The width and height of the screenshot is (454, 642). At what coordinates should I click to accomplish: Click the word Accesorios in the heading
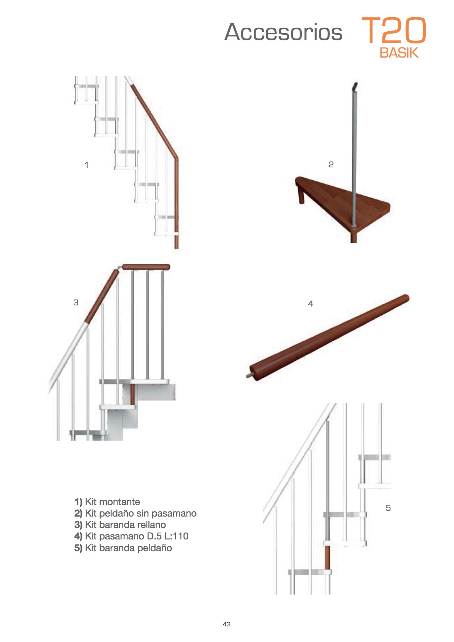click(283, 32)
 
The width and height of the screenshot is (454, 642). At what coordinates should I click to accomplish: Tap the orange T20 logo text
click(393, 30)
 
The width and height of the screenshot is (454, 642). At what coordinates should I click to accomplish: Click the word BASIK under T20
click(399, 53)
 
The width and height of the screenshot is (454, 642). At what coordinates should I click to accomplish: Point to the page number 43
click(227, 624)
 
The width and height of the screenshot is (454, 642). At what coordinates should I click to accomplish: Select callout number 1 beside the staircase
click(86, 165)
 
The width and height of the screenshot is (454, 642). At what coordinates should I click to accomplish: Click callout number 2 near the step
click(331, 165)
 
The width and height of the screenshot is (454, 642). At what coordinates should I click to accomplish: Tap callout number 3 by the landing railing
click(76, 302)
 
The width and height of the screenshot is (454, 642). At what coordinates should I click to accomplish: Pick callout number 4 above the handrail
click(311, 303)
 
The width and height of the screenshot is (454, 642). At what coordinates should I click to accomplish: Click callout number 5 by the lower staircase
click(388, 508)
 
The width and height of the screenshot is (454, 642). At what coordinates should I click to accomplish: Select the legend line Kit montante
click(107, 502)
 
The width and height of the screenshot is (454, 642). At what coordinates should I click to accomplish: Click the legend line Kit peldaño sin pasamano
click(135, 513)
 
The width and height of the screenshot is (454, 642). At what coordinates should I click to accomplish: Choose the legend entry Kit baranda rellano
click(120, 525)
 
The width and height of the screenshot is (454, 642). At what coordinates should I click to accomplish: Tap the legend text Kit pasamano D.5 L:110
click(131, 536)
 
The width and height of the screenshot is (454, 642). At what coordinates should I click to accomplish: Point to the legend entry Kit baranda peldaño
click(123, 548)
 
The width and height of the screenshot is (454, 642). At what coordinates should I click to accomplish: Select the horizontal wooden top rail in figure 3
click(146, 267)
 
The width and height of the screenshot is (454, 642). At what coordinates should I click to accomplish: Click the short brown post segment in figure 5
click(327, 557)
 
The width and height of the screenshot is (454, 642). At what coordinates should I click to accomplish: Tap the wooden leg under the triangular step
click(301, 194)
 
